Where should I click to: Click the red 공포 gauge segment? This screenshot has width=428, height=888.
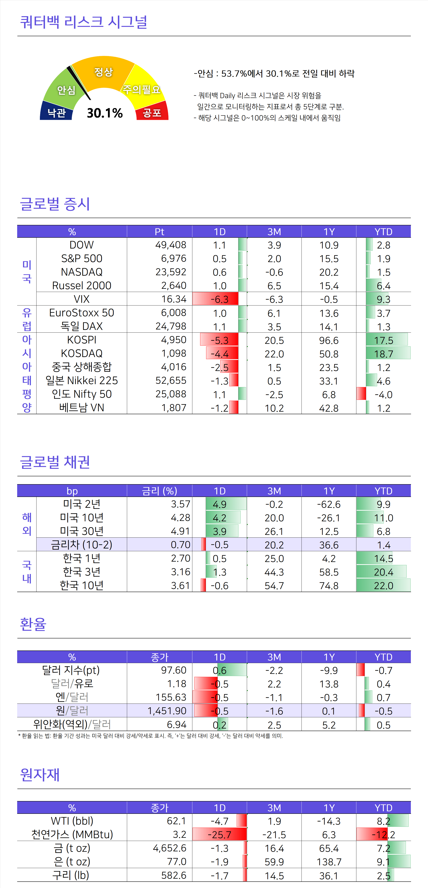pos(152,112)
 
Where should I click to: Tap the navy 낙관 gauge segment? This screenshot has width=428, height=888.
pos(56,112)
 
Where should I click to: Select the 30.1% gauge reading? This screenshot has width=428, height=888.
pos(105,113)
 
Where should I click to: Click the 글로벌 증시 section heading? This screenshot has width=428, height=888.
pos(55,204)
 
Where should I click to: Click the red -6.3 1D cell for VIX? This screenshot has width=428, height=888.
pos(219,299)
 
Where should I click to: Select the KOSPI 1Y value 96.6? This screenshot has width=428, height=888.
pos(329,340)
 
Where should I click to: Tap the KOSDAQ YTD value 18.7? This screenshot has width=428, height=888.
pos(384,354)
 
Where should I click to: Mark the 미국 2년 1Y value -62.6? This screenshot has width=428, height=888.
pos(329,504)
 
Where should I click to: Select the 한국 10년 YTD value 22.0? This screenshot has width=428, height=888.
pos(384,586)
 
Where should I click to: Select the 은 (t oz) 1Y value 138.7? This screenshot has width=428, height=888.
pos(329,862)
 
